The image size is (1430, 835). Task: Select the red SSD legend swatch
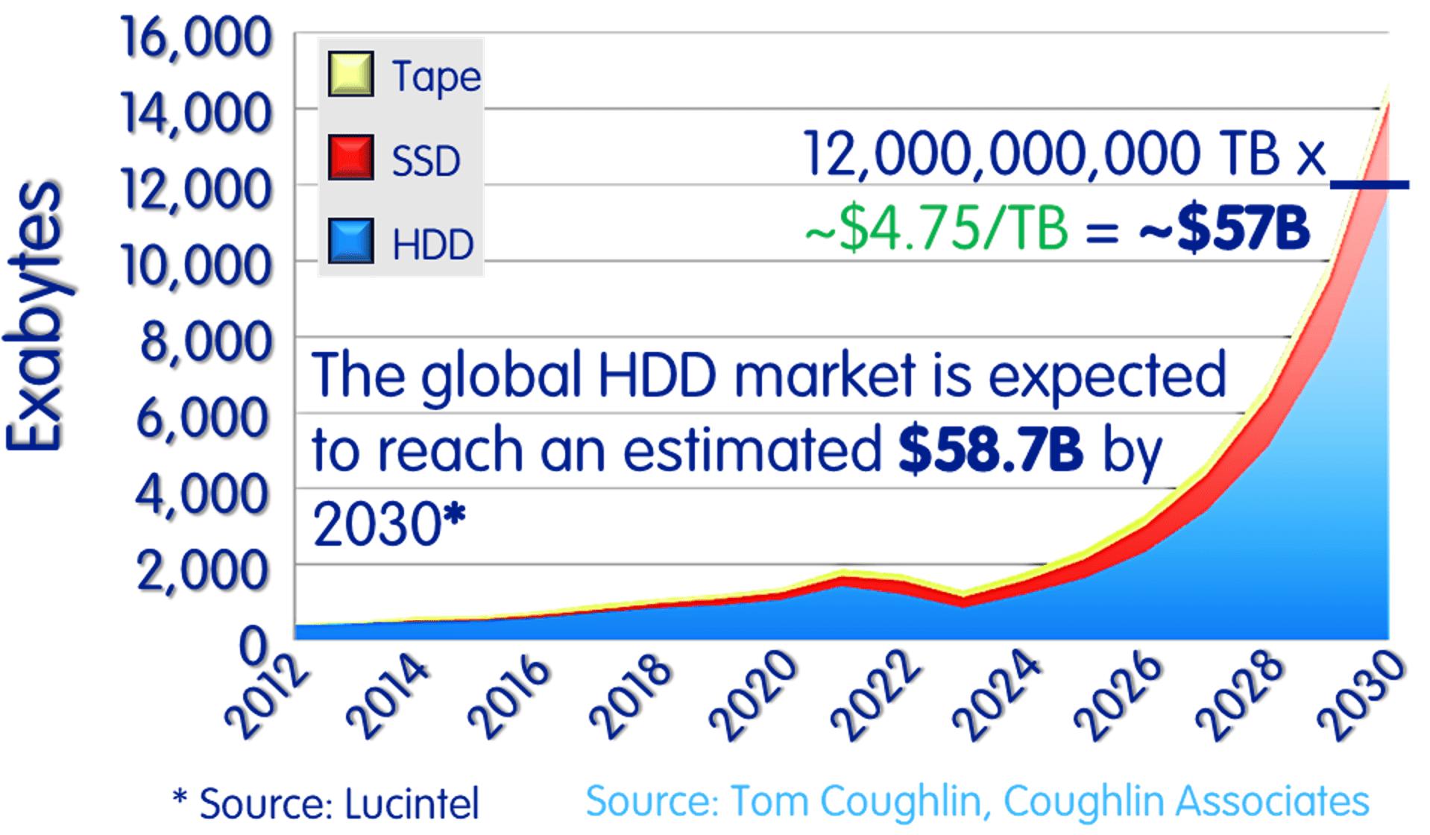pyautogui.click(x=350, y=158)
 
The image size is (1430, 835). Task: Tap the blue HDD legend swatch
pyautogui.click(x=350, y=242)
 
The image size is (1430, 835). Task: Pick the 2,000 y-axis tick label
pyautogui.click(x=203, y=570)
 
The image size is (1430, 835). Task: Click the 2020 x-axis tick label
pyautogui.click(x=754, y=697)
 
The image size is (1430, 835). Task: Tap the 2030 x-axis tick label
pyautogui.click(x=1361, y=697)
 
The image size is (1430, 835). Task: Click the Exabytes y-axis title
pyautogui.click(x=34, y=317)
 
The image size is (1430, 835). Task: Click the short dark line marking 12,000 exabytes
pyautogui.click(x=1370, y=184)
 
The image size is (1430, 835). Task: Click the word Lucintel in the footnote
pyautogui.click(x=412, y=804)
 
